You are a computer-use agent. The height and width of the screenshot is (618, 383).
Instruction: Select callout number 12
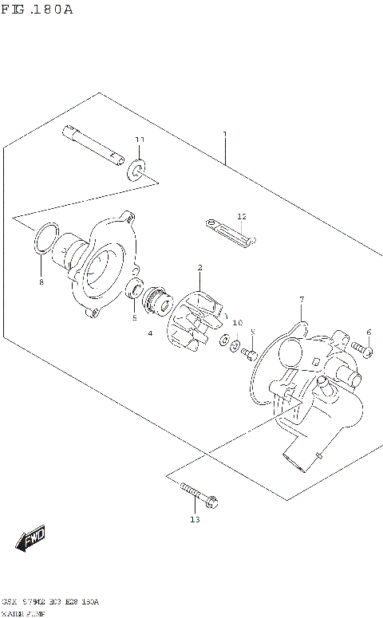[x=242, y=216]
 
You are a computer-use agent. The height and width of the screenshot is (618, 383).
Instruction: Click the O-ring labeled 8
[x=45, y=240]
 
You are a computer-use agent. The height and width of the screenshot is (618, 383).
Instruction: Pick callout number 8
[x=41, y=282]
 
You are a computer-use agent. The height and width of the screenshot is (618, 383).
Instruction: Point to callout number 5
[x=134, y=317]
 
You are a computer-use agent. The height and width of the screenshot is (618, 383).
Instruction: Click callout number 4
[x=149, y=333]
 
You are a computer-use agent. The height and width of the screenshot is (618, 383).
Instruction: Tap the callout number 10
[x=237, y=323]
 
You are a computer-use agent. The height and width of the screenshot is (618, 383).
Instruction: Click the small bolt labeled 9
[x=250, y=352]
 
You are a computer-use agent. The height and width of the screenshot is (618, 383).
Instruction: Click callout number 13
[x=195, y=520]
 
